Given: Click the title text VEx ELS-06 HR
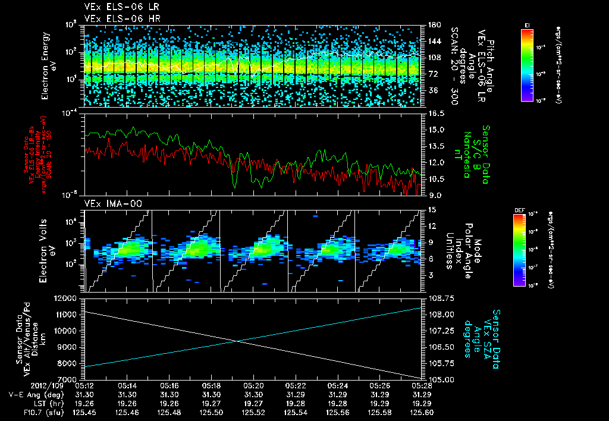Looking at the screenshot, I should click(114, 18).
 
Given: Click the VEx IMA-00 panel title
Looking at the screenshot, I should click(108, 203).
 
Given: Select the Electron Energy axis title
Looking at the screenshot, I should click(49, 66).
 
